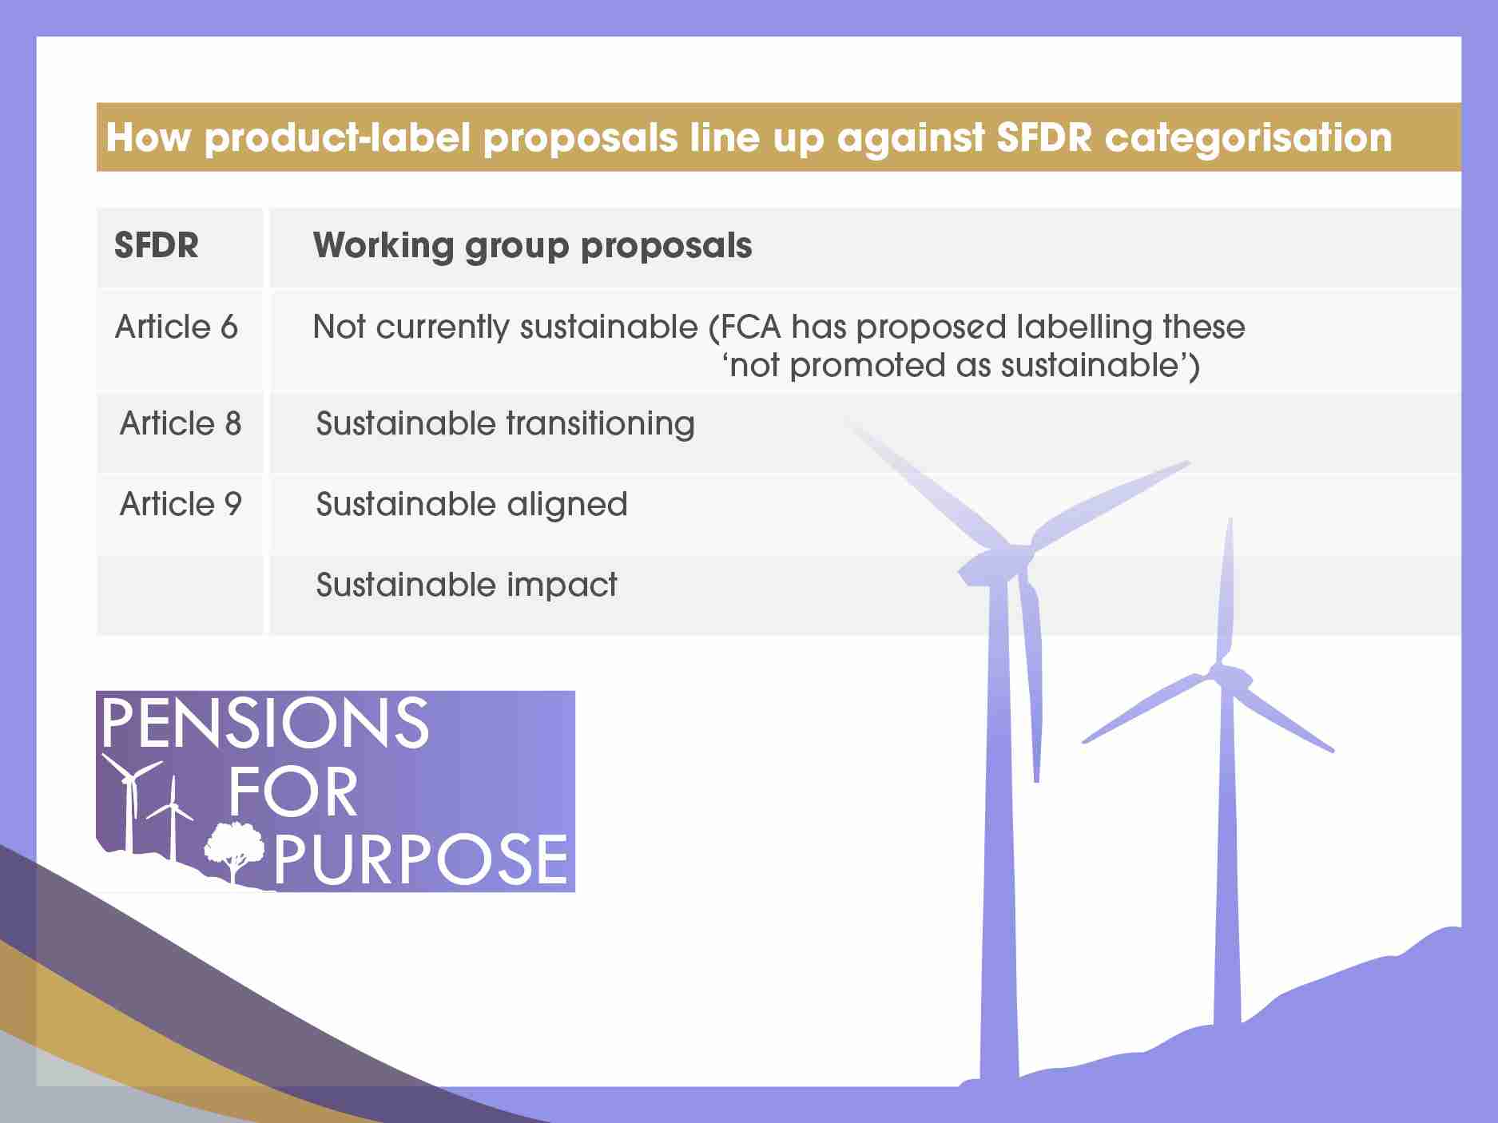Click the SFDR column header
click(157, 245)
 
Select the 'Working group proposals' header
click(532, 246)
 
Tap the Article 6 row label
click(177, 327)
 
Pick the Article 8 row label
click(181, 423)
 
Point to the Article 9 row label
click(181, 504)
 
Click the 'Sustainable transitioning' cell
click(505, 424)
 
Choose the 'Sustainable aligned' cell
click(471, 505)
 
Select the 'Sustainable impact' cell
click(467, 585)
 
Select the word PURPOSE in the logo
click(421, 859)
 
